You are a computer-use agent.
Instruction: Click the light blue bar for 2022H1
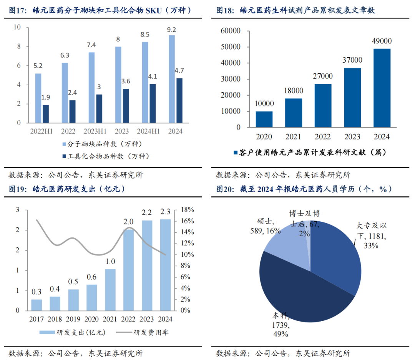[x=38, y=98]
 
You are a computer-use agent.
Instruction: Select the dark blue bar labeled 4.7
[x=179, y=100]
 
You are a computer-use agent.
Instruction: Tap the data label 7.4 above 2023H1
[x=91, y=45]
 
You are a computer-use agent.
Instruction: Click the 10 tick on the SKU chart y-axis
[x=17, y=27]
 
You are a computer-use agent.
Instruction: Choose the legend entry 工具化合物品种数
[x=108, y=156]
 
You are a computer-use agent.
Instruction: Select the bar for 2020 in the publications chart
[x=264, y=119]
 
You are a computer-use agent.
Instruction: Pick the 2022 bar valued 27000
[x=323, y=105]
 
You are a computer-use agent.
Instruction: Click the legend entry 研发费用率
[x=151, y=333]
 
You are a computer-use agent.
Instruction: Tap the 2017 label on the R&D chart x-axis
[x=37, y=319]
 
